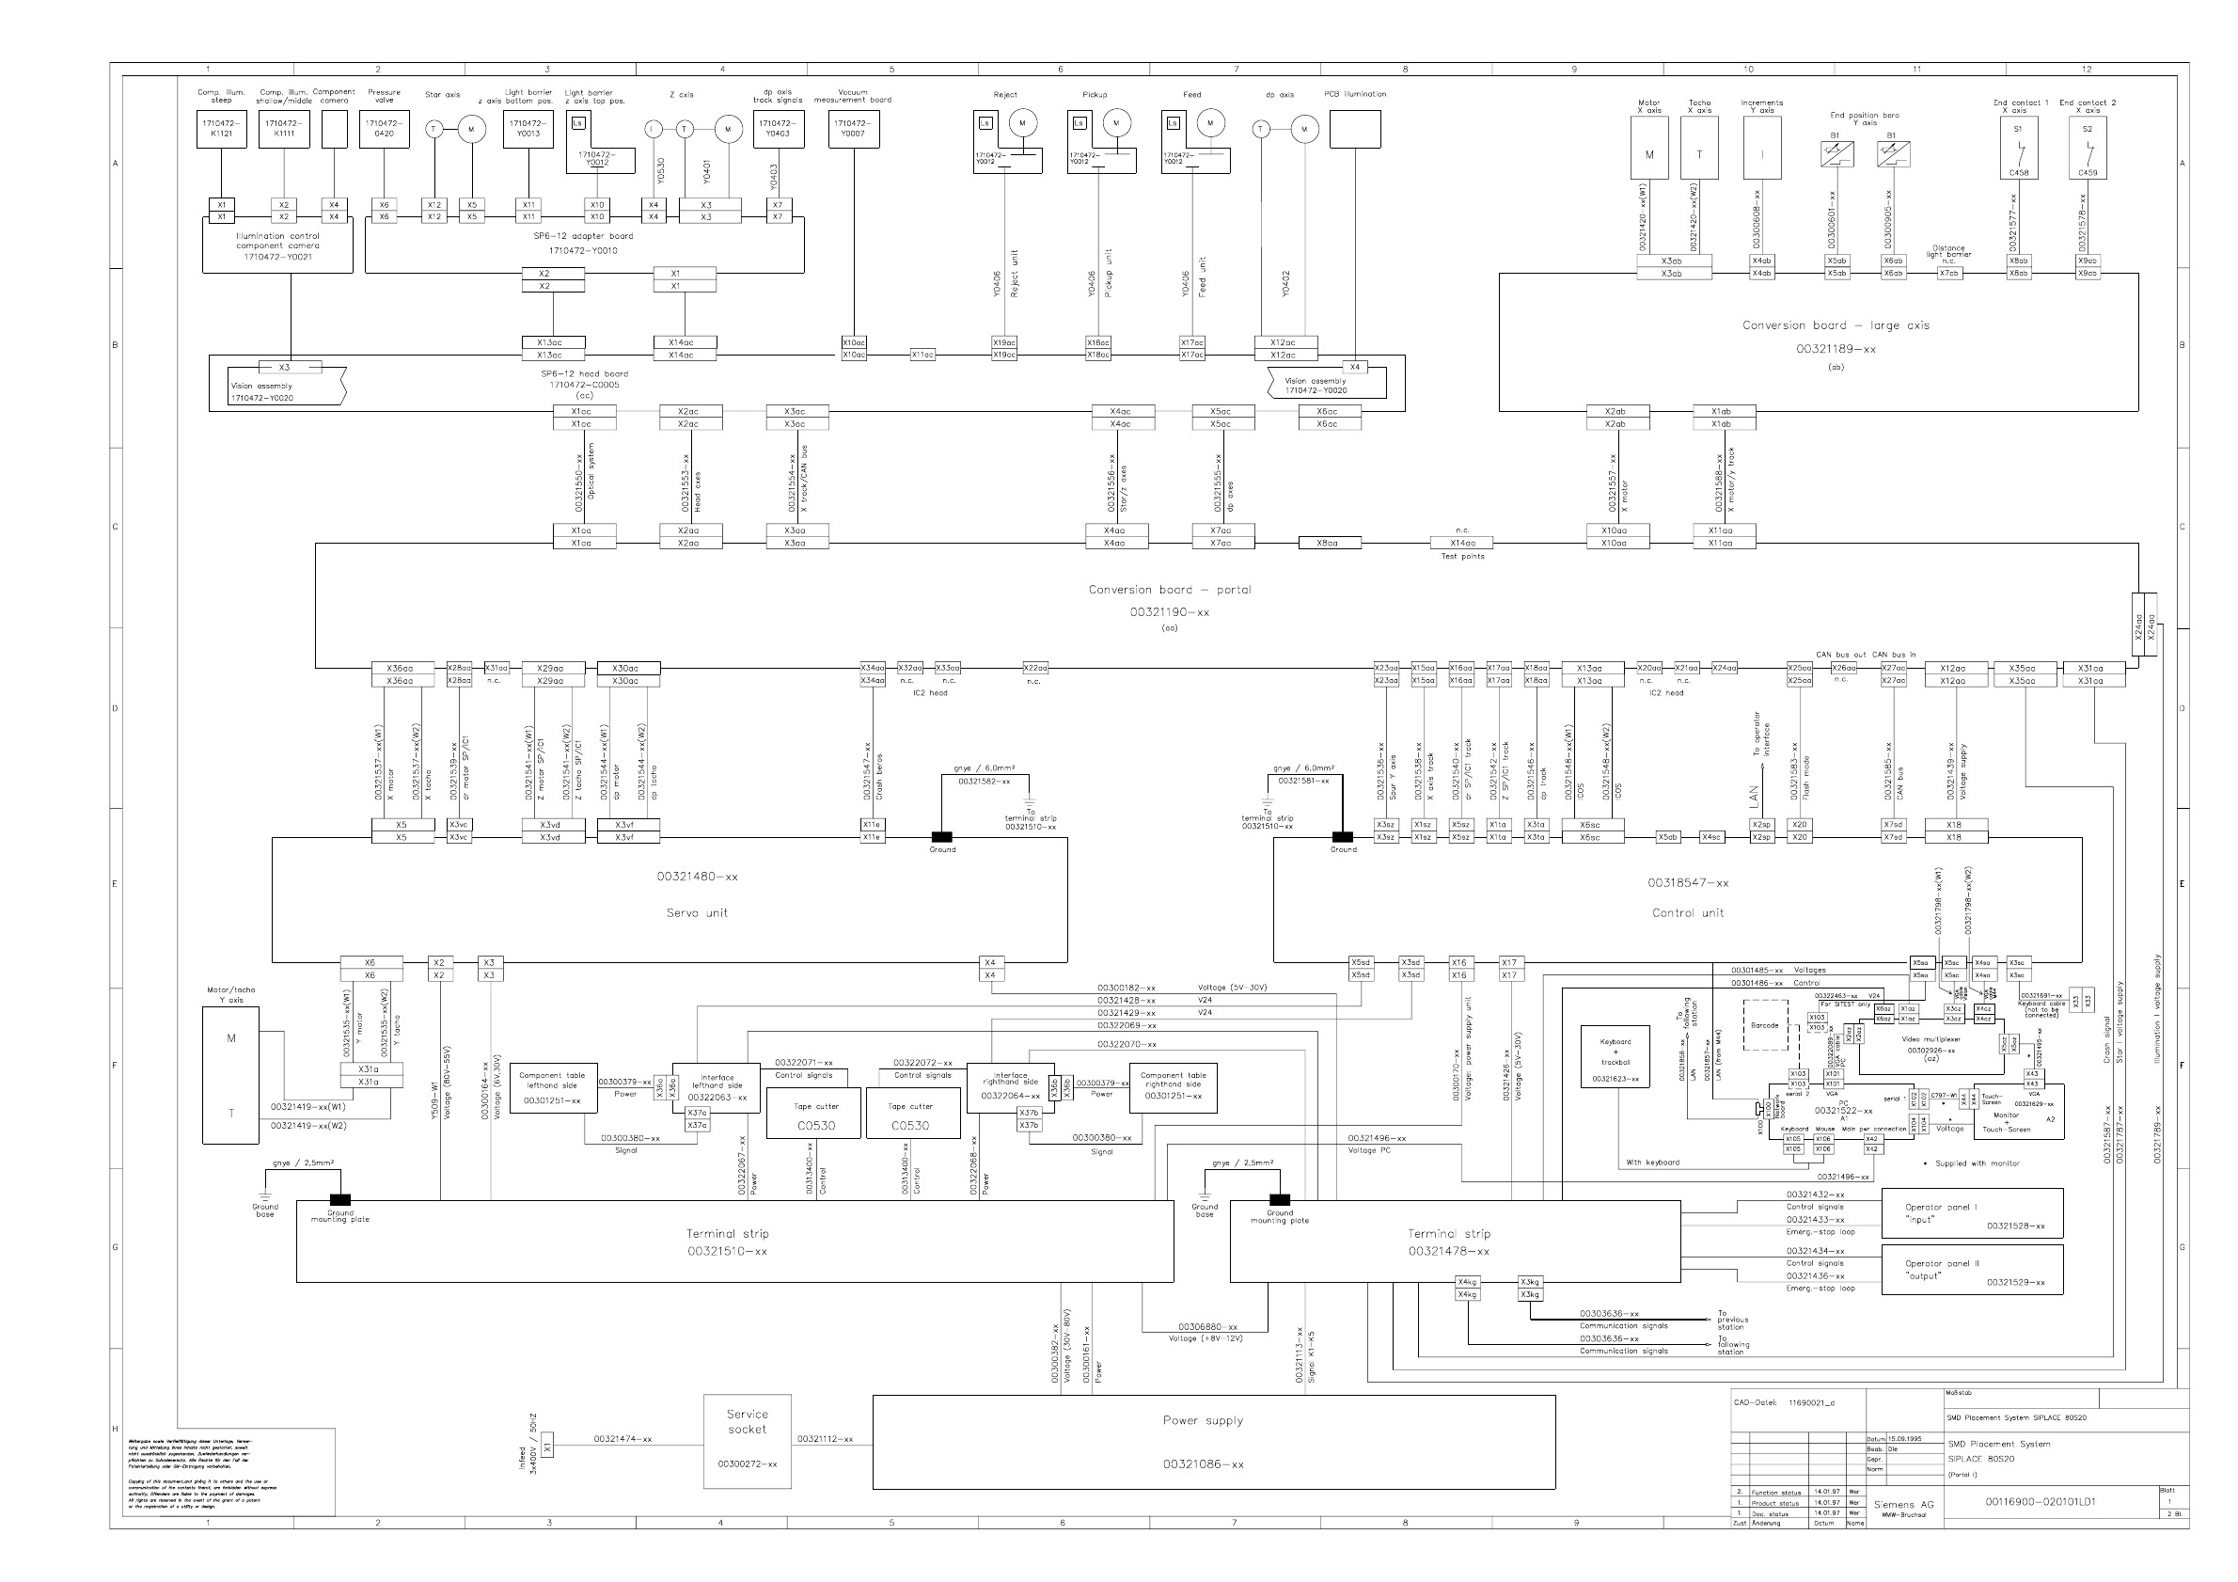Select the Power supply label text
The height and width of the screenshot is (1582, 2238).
(x=1203, y=1420)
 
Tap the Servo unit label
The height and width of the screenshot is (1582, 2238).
(x=697, y=913)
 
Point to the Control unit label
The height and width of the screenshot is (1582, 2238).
(x=1687, y=913)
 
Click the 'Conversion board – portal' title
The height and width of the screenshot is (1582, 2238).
(x=1170, y=590)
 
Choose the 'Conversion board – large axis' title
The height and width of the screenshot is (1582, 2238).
(x=1836, y=325)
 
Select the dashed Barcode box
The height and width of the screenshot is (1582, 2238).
(x=1764, y=1026)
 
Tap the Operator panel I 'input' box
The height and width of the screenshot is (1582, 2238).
(x=1971, y=1213)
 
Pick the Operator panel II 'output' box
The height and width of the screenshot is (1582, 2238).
(x=1971, y=1270)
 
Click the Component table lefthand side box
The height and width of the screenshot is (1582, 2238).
(x=552, y=1088)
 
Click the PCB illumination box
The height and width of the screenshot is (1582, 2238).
(x=1355, y=129)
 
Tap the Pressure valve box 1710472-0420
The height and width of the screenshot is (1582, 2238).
(x=384, y=129)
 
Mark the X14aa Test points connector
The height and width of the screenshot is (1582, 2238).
(x=1462, y=543)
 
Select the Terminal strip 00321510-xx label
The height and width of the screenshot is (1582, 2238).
(x=726, y=1242)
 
